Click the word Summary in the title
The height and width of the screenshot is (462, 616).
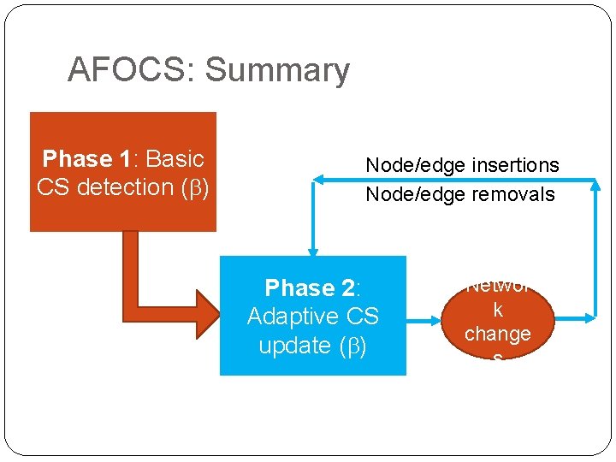coord(278,70)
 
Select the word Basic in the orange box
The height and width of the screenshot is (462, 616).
coord(175,158)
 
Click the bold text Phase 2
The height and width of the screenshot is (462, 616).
coord(311,287)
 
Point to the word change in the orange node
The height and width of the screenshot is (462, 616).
coord(498,333)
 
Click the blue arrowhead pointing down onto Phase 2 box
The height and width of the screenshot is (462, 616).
coord(312,250)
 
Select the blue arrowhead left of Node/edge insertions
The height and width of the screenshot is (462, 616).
coord(318,179)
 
